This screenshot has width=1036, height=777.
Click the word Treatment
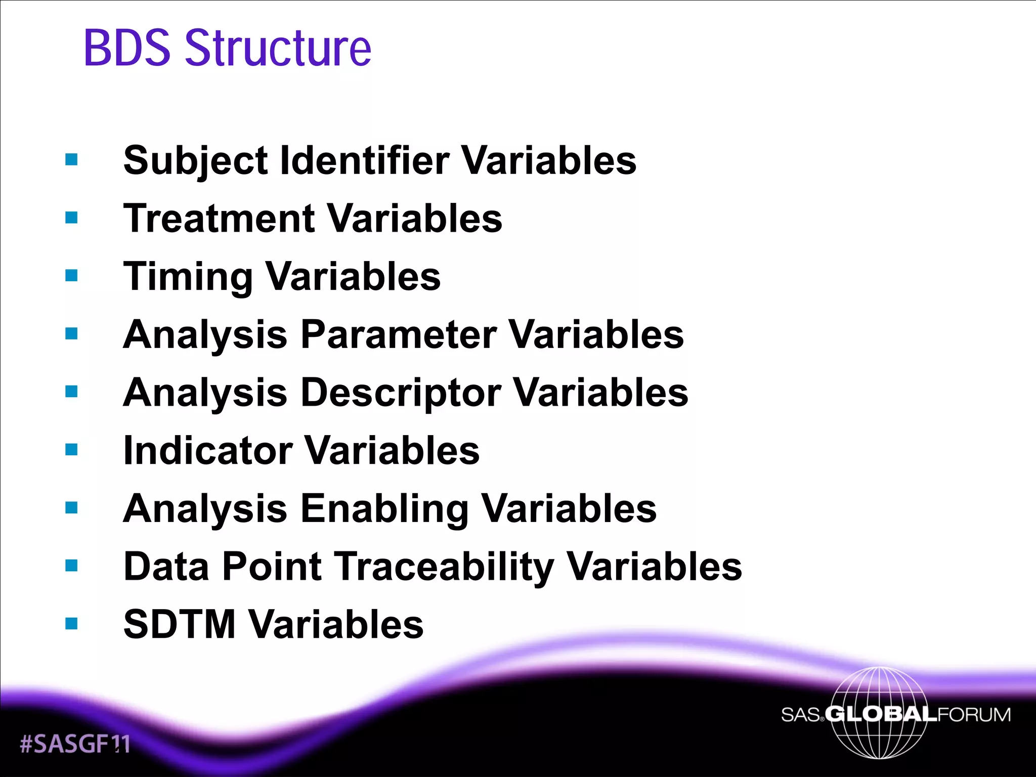click(220, 219)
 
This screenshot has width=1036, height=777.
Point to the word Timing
click(188, 277)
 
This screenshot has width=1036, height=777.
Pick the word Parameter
click(399, 335)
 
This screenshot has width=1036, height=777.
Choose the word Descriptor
click(401, 393)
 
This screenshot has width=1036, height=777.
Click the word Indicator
click(208, 450)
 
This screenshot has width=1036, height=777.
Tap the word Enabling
click(384, 509)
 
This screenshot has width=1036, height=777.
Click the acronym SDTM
click(180, 624)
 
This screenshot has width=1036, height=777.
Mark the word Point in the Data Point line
click(272, 567)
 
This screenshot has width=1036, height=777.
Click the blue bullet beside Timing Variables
click(71, 276)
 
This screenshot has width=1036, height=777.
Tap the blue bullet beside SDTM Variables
click(71, 623)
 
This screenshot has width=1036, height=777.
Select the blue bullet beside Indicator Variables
click(71, 449)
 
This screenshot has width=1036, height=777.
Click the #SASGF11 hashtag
click(75, 744)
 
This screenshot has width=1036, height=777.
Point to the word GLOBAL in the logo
click(881, 714)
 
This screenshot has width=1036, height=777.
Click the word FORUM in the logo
click(974, 714)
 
